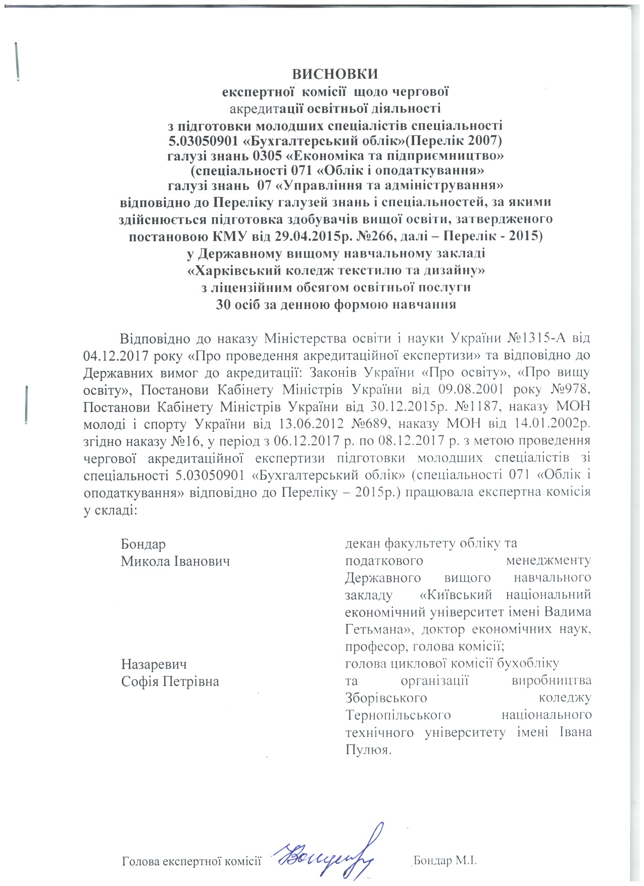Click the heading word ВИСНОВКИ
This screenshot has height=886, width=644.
335,74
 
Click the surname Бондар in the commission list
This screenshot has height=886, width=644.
143,544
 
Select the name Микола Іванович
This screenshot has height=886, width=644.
175,561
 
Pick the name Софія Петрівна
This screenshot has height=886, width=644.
170,681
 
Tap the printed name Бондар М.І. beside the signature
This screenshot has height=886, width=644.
445,861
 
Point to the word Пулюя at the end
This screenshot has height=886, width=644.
367,750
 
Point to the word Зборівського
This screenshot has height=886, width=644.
386,698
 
